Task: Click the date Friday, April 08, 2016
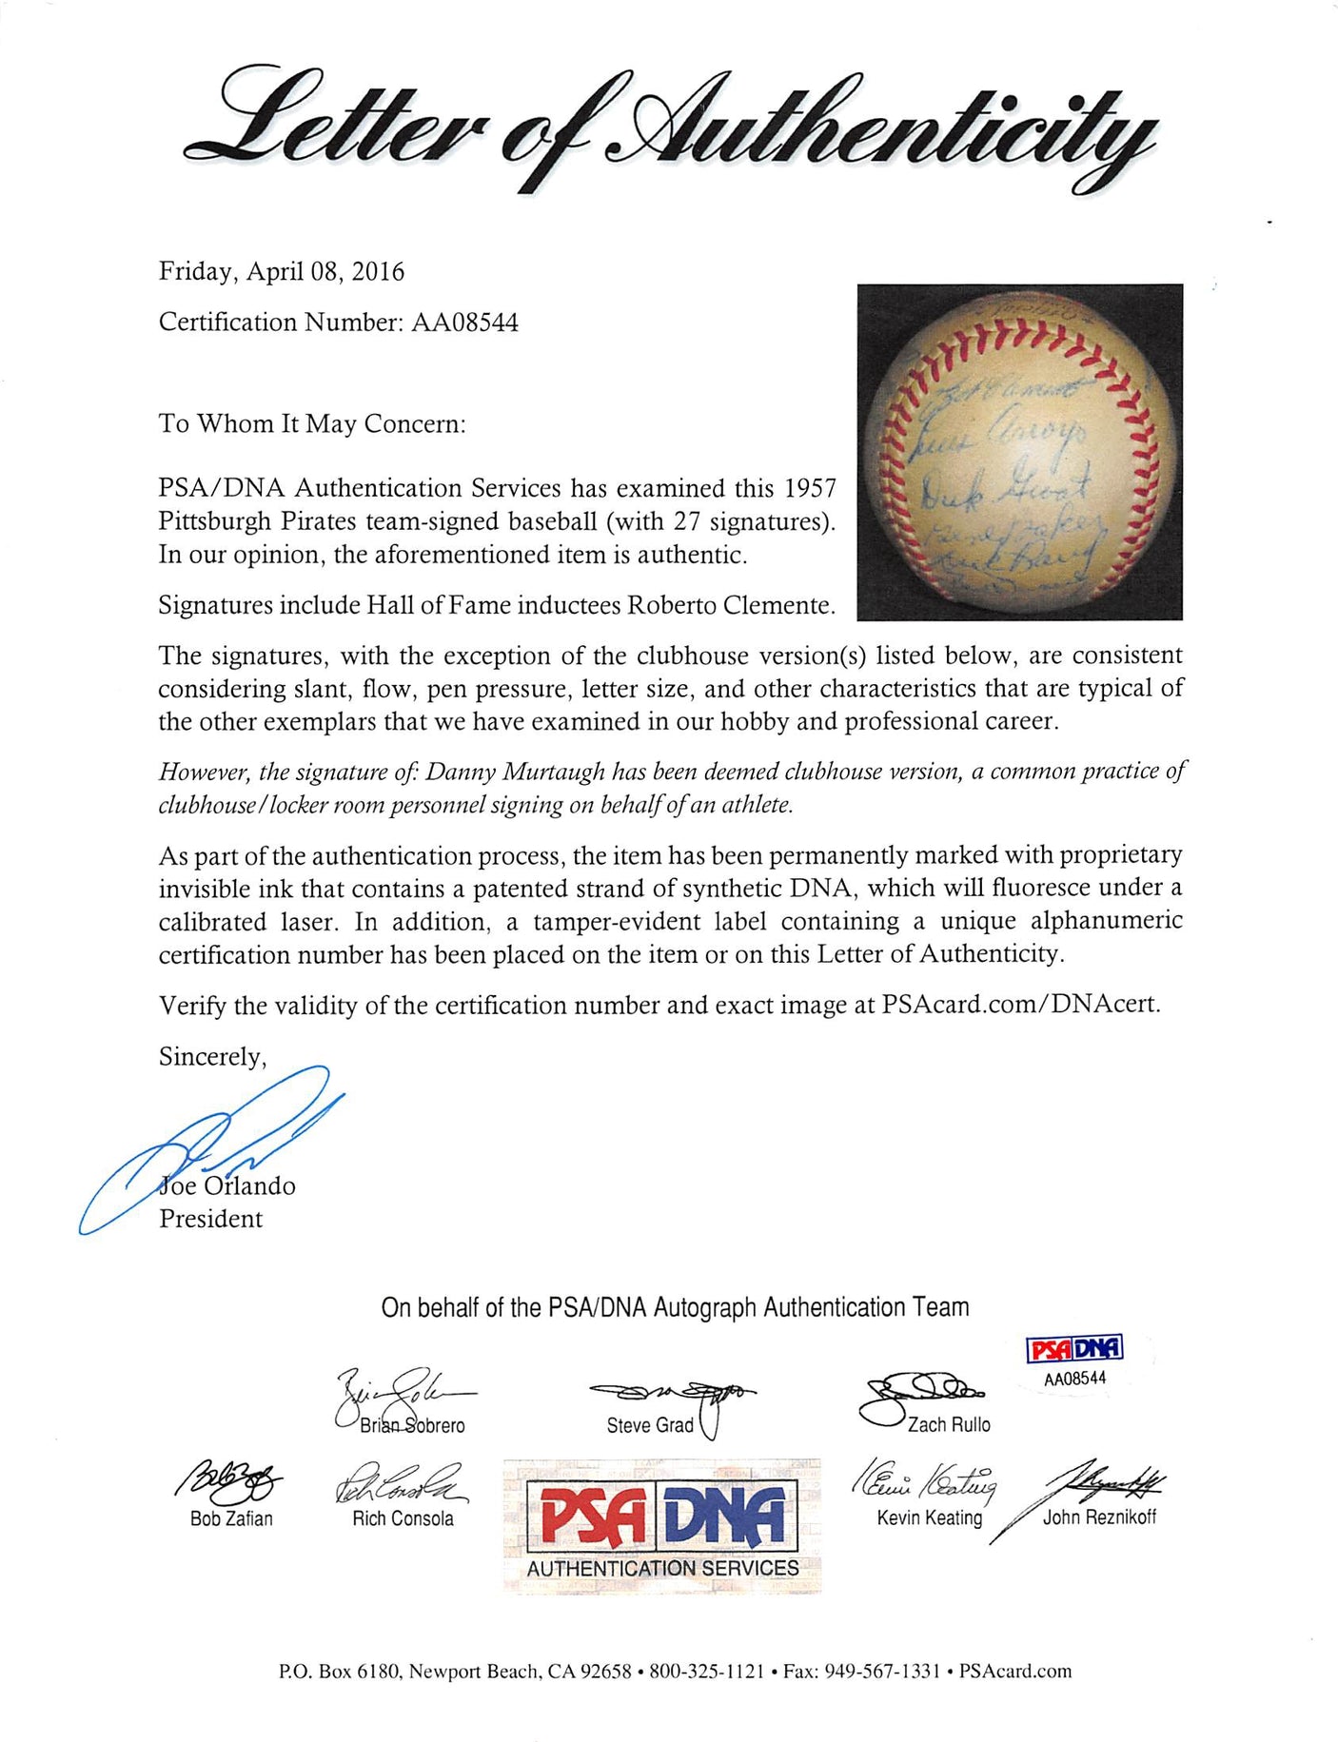[281, 272]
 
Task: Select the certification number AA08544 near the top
[464, 323]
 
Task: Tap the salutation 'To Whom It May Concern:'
[312, 424]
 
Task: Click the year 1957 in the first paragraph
[809, 489]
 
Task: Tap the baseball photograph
[1019, 452]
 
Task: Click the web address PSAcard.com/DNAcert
[1020, 1006]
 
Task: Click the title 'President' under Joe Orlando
[210, 1219]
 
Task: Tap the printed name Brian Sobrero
[412, 1425]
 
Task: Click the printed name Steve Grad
[650, 1425]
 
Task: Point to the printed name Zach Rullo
[948, 1425]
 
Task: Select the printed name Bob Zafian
[231, 1519]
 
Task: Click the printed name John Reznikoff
[1099, 1517]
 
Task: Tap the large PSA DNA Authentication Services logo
[662, 1525]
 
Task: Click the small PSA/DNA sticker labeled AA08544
[1075, 1361]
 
